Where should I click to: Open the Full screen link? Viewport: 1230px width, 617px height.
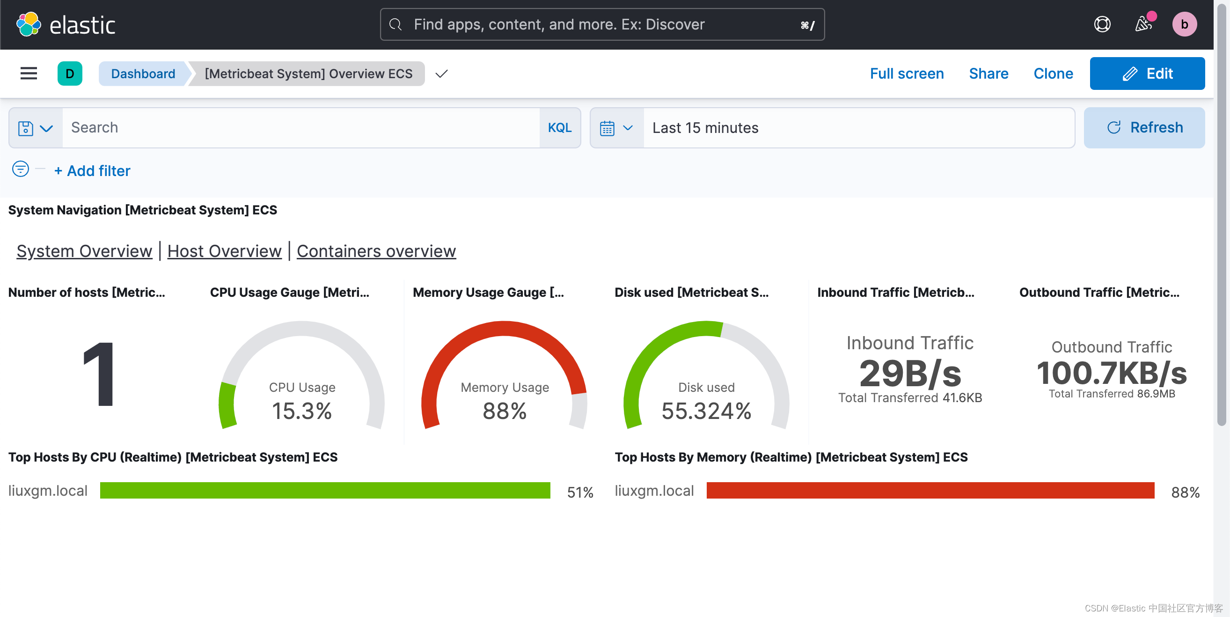click(906, 73)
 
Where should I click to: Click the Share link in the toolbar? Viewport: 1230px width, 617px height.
click(988, 73)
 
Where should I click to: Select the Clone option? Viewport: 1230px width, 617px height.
click(1053, 73)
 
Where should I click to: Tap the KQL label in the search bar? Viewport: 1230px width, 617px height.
click(559, 127)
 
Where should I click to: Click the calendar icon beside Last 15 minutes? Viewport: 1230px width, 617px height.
click(607, 128)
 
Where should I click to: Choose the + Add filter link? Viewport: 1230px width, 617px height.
click(92, 170)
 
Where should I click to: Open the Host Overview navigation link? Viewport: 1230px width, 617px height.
click(224, 251)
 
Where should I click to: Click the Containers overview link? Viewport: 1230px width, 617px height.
click(376, 251)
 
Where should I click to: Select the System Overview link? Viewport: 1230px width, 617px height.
click(84, 251)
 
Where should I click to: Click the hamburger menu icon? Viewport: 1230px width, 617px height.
click(29, 73)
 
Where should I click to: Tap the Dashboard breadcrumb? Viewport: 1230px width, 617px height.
click(143, 73)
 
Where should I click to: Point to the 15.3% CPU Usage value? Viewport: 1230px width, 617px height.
click(301, 411)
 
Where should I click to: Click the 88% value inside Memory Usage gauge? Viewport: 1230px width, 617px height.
click(504, 411)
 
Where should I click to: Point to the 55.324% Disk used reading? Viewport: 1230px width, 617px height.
click(706, 411)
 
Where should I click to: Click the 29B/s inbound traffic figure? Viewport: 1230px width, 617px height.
click(909, 374)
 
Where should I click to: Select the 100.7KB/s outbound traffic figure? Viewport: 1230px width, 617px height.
click(1111, 373)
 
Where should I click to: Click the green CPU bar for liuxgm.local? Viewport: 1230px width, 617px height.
click(325, 491)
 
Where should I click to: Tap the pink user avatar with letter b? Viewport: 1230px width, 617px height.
click(1184, 24)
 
